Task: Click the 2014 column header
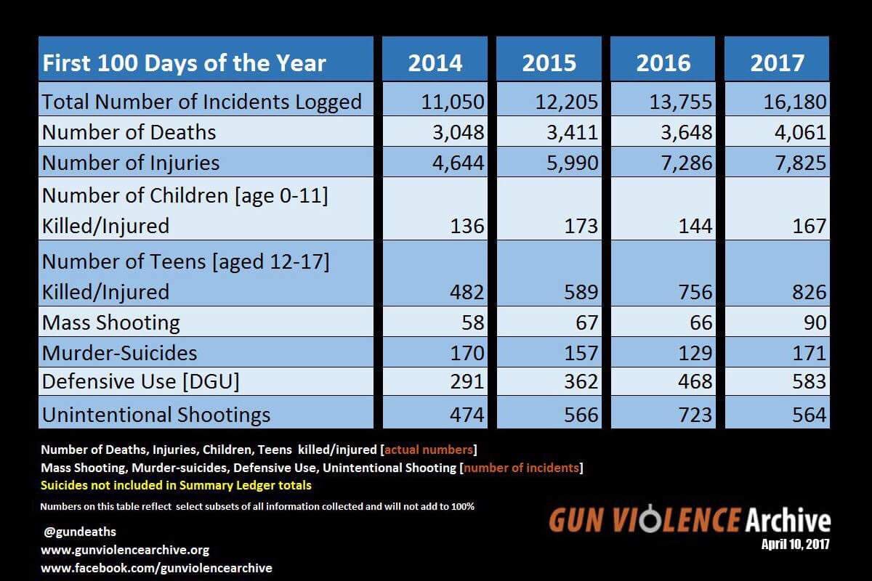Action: coord(435,62)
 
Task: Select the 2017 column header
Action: coord(777,62)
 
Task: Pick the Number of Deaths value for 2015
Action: coord(571,132)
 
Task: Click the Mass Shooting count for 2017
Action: coord(811,322)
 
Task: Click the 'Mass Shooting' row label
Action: coord(111,322)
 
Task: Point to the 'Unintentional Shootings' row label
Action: coord(156,415)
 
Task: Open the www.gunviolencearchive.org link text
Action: coord(125,550)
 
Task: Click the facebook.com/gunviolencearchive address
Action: coord(156,568)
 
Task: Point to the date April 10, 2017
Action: coord(795,543)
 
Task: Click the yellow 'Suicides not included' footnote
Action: coord(177,485)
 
